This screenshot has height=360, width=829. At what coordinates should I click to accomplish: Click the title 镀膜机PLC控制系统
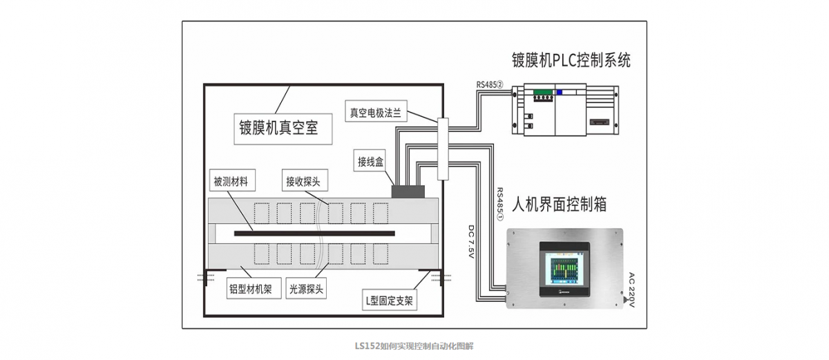[570, 59]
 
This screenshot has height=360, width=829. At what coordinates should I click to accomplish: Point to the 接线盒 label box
[370, 162]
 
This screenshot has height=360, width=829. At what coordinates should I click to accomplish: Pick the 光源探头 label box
[307, 289]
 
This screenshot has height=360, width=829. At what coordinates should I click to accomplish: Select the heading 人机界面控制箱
[560, 205]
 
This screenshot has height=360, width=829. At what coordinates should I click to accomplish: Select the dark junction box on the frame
[408, 190]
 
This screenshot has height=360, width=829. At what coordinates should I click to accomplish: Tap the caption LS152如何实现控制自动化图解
[414, 345]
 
